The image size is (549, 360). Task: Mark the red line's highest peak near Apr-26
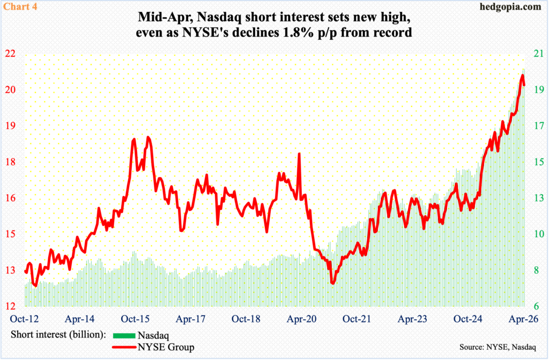pos(522,76)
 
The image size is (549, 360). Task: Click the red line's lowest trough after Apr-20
pos(333,283)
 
